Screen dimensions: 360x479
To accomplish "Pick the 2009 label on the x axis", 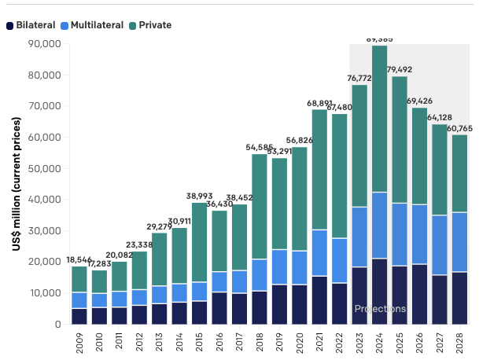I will [79, 342].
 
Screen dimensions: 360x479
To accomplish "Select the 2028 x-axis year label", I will [460, 342].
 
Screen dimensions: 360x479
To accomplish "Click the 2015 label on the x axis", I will [200, 342].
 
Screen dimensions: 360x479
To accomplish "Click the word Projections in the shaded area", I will [380, 309].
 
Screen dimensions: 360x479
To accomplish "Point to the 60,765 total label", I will [460, 128].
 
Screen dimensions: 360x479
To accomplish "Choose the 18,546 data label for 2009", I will [79, 259].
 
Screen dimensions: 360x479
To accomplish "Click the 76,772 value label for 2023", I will [359, 78].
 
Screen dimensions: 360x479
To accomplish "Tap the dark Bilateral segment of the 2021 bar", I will [319, 299].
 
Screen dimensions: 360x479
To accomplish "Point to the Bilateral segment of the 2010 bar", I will [99, 315].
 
